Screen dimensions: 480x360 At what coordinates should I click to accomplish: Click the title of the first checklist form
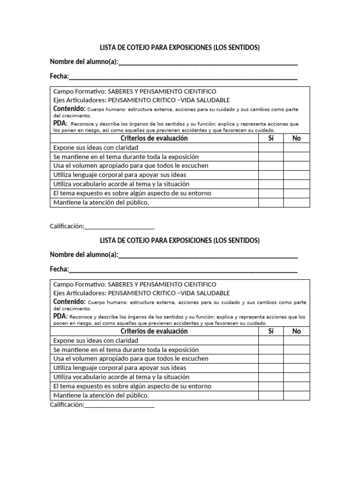pos(180,48)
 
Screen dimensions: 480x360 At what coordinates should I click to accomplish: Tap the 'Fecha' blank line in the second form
pos(183,270)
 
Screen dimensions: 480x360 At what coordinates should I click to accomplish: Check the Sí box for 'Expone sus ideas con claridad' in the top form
pos(270,148)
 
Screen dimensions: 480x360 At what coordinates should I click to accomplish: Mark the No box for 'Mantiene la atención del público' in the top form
pos(296,202)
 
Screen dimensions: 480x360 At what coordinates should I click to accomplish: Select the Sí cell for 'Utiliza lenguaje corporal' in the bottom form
pos(270,368)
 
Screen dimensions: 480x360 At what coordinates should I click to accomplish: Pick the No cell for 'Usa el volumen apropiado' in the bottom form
pos(296,359)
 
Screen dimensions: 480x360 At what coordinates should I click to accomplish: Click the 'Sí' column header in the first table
pos(270,138)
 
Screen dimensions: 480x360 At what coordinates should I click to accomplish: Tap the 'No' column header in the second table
pos(296,331)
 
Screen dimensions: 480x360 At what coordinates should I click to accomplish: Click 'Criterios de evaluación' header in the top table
pos(154,138)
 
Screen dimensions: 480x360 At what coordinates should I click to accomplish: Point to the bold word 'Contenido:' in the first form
pos(69,109)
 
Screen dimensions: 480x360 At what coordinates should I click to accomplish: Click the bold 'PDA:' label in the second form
pos(60,316)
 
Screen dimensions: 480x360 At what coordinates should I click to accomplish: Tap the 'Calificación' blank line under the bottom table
pos(119,405)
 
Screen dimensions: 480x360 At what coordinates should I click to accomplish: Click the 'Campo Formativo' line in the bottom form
pos(135,285)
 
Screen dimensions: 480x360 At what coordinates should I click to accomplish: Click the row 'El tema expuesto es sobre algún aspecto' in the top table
pos(132,193)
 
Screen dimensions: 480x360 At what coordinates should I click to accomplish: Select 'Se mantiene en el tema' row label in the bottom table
pos(126,350)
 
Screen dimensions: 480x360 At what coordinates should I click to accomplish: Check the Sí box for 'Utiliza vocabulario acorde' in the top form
pos(270,184)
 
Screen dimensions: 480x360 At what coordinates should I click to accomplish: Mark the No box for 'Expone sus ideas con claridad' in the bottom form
pos(296,341)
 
